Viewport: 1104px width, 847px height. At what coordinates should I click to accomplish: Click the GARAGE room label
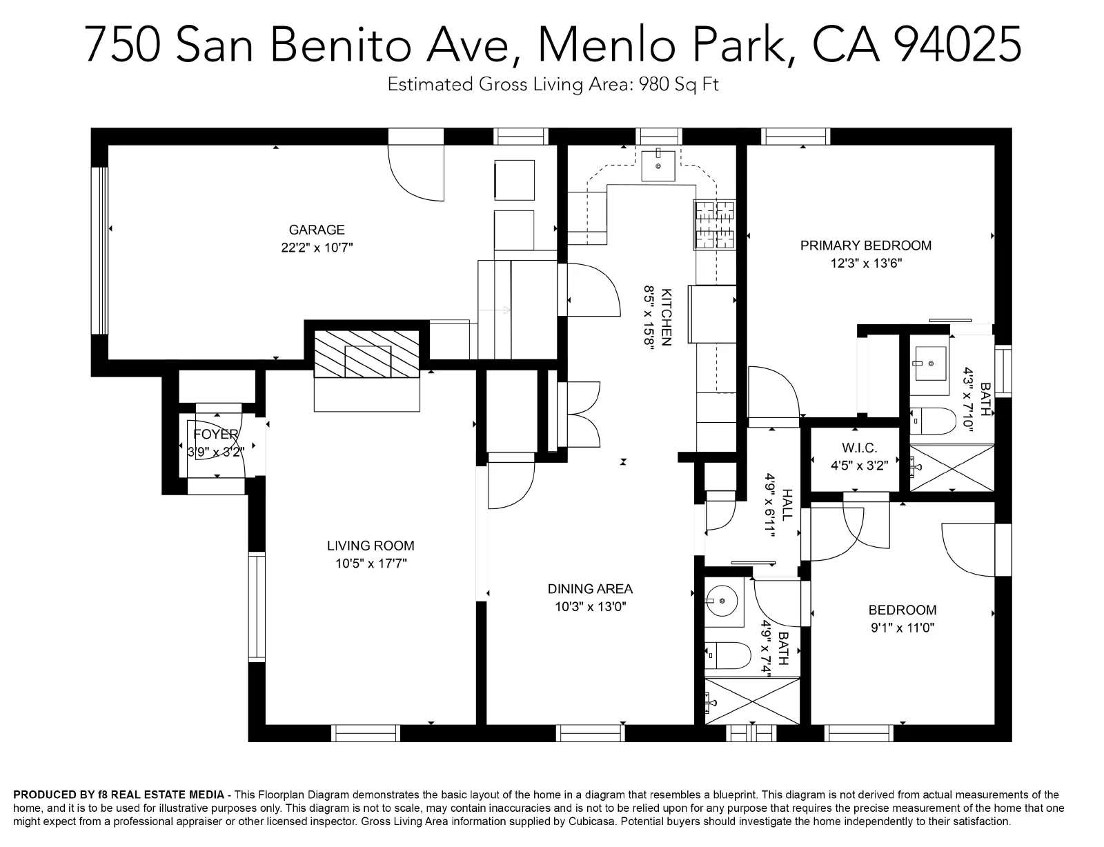[317, 230]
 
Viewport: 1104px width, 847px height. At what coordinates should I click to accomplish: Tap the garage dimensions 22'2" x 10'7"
[317, 248]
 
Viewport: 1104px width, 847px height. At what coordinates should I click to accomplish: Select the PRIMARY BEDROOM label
[866, 246]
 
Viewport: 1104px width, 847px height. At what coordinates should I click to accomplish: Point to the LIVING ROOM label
[371, 546]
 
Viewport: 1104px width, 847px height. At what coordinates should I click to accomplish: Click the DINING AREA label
[590, 588]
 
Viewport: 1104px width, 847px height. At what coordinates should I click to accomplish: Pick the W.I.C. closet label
[859, 448]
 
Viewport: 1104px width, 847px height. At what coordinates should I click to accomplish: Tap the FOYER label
[216, 434]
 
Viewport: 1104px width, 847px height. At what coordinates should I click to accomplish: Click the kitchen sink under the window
[658, 166]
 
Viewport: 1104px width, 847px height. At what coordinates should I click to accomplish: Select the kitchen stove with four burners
[715, 224]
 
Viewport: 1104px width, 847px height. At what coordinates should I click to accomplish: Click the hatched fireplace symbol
[367, 354]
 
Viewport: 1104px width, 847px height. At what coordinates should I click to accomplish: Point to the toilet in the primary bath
[933, 421]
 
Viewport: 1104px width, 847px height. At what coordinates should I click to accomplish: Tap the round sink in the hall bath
[722, 601]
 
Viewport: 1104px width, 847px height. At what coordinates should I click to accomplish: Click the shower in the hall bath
[752, 701]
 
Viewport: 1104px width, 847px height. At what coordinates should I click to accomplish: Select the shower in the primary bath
[951, 468]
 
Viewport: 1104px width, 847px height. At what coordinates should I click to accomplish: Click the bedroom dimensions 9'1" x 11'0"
[903, 628]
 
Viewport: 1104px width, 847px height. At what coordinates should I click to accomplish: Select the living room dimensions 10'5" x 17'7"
[371, 563]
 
